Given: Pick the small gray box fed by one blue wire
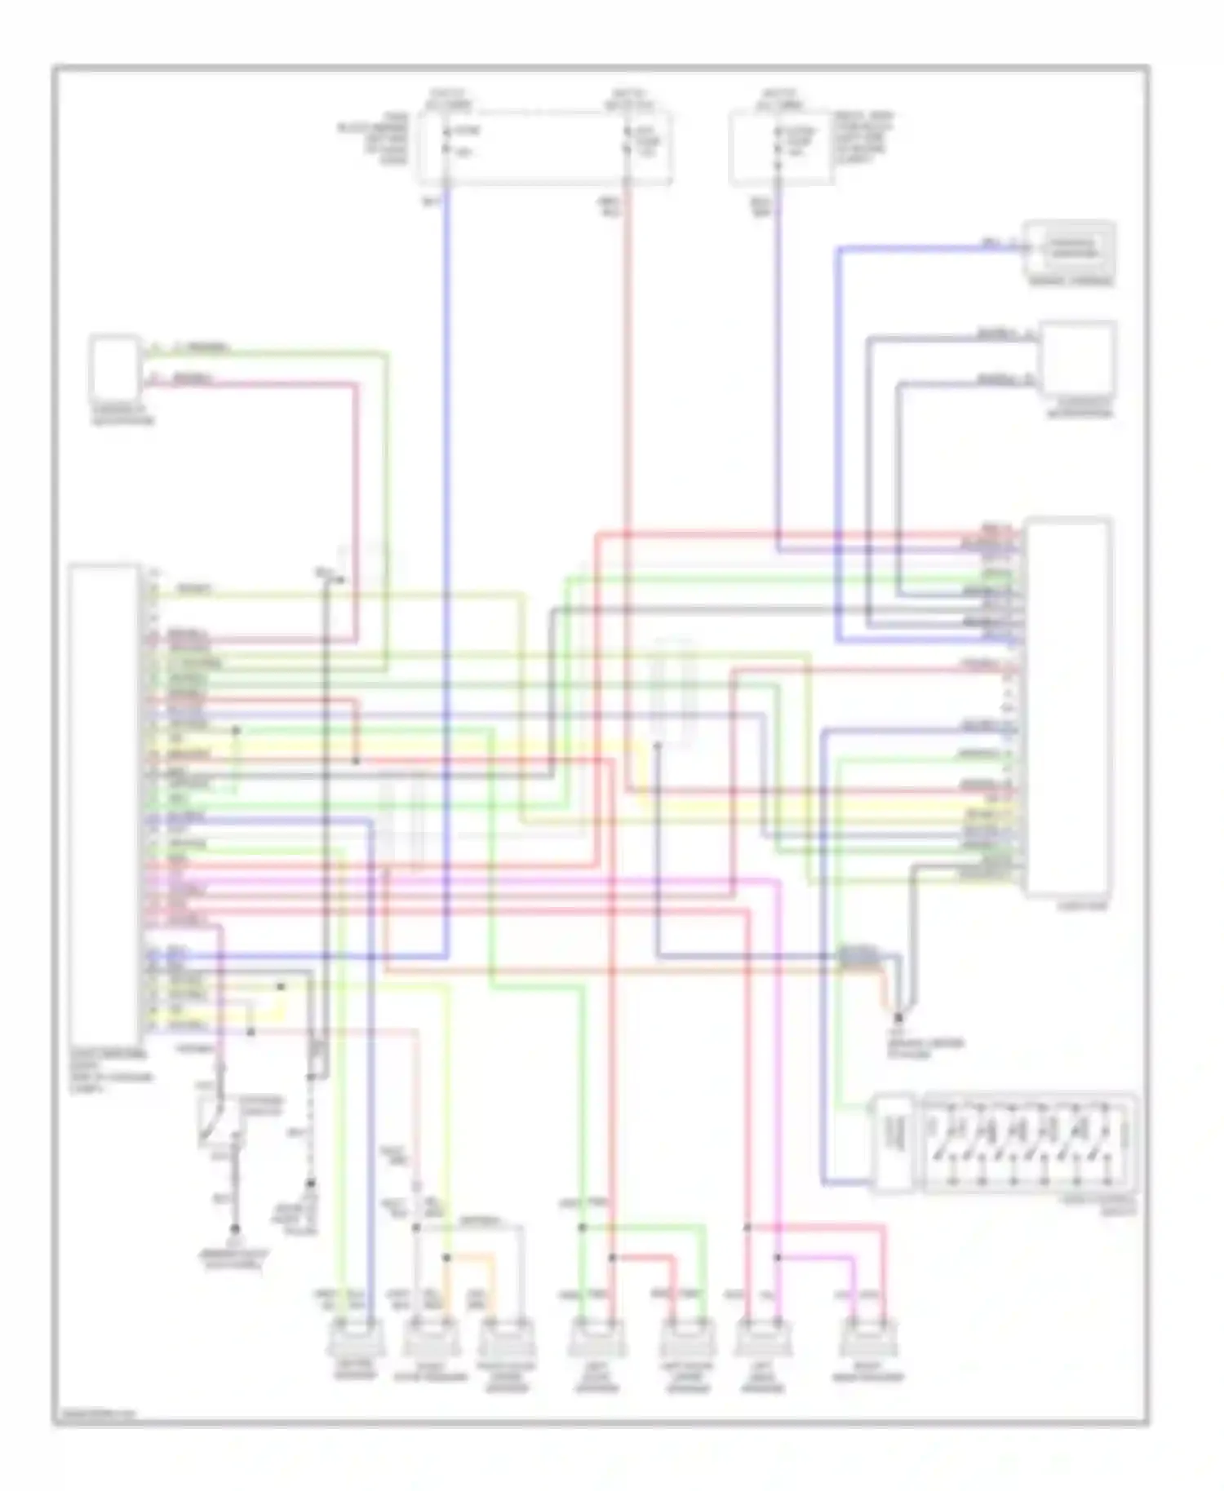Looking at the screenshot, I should pyautogui.click(x=1071, y=248).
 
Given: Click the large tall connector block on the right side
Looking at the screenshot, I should pyautogui.click(x=1069, y=706).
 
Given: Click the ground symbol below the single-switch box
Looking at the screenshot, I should pyautogui.click(x=236, y=1228).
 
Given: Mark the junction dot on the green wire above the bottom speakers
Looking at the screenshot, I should pyautogui.click(x=583, y=1227).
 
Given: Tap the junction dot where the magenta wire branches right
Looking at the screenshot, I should pyautogui.click(x=778, y=1258).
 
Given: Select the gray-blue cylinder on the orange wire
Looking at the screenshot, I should pyautogui.click(x=858, y=956).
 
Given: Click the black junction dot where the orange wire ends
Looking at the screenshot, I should pyautogui.click(x=898, y=1018).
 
